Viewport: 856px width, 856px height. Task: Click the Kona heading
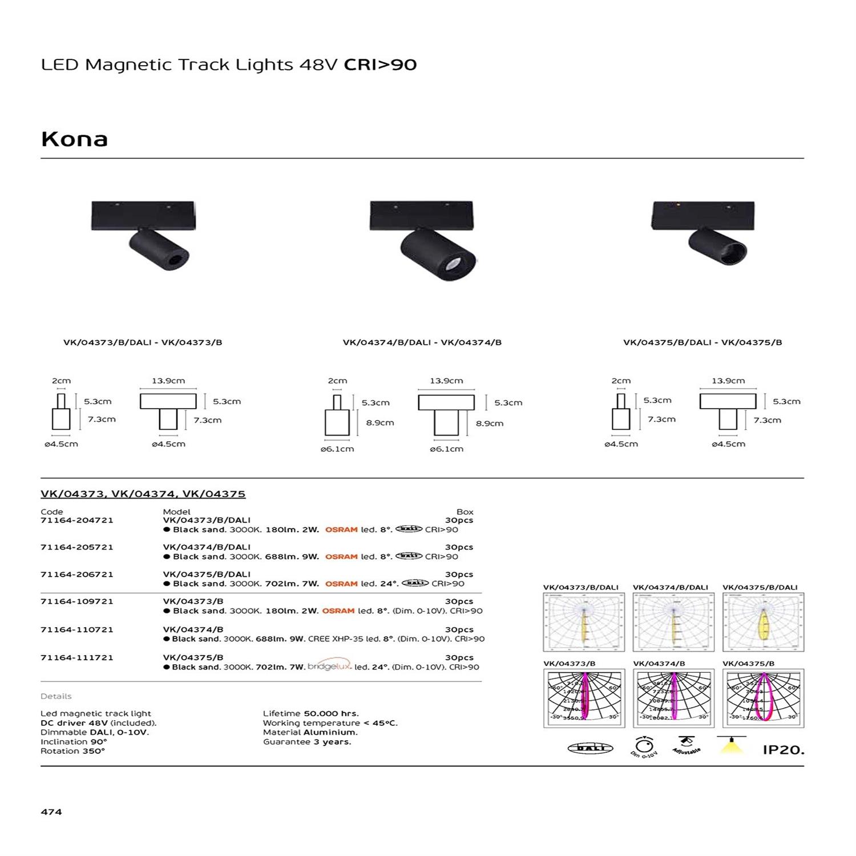click(x=74, y=139)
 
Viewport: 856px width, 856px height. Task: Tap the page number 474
click(x=51, y=811)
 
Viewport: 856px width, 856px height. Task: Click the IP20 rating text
click(x=783, y=750)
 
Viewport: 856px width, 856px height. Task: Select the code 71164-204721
click(x=77, y=520)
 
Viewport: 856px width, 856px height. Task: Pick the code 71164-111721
click(x=77, y=657)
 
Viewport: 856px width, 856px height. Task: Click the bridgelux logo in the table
click(x=329, y=666)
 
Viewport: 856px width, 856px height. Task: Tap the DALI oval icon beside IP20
click(x=590, y=748)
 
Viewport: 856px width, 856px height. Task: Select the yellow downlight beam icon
click(x=730, y=746)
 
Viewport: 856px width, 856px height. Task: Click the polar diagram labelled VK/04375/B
click(x=763, y=698)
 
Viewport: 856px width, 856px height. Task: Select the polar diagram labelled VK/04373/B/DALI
click(x=584, y=622)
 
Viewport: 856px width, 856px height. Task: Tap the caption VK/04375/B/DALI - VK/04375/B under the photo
click(x=702, y=342)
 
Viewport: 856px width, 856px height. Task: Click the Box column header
click(x=465, y=511)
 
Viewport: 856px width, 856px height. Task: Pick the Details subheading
click(x=56, y=696)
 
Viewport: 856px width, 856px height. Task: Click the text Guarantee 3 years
click(x=307, y=742)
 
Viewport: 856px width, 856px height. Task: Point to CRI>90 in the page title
click(x=380, y=64)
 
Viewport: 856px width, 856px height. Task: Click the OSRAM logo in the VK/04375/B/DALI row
click(x=341, y=584)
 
